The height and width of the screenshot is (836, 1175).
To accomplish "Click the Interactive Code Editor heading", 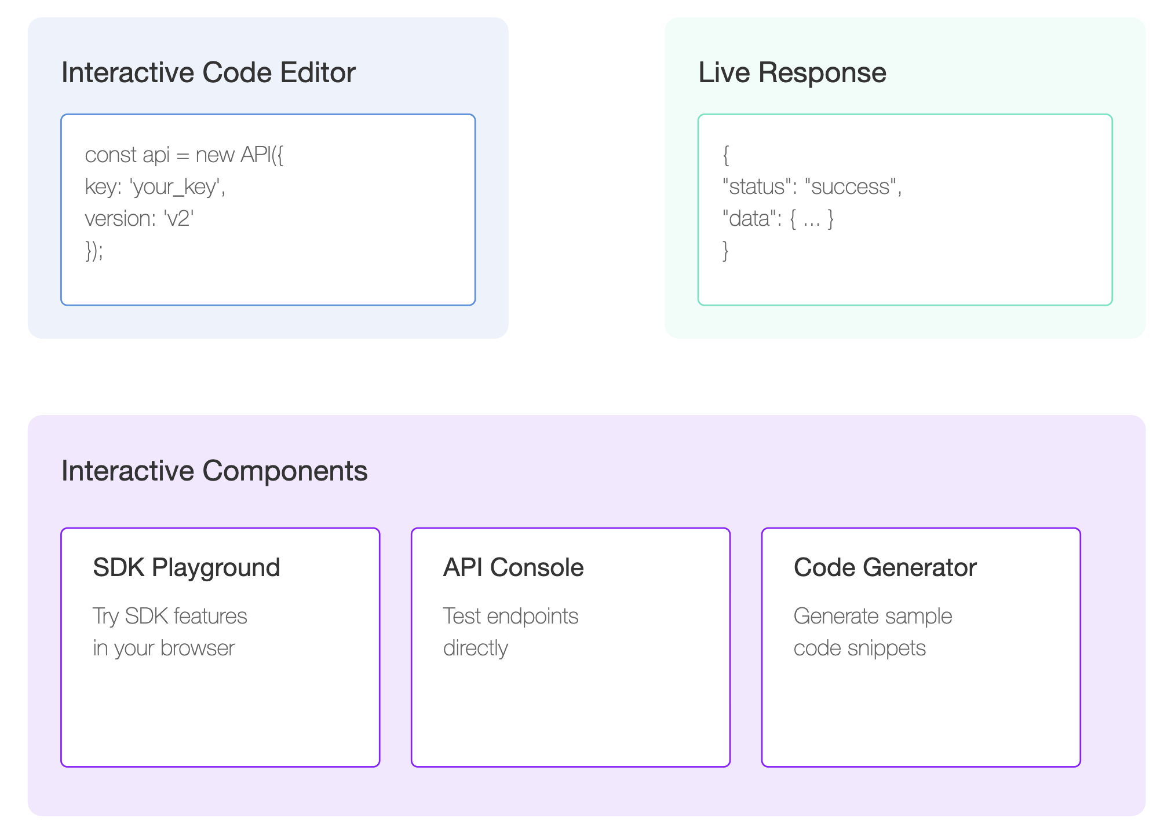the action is (209, 73).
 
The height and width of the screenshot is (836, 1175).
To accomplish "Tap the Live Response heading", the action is (792, 73).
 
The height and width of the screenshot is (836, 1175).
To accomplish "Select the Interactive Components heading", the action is (214, 471).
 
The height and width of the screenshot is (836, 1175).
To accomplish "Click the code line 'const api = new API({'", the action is (184, 155).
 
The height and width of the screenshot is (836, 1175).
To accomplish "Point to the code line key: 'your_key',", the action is (155, 188).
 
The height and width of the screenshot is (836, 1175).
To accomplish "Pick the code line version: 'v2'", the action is (139, 219).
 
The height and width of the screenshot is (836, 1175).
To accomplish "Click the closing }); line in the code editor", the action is (94, 251).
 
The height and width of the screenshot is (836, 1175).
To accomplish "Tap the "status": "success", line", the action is (812, 187).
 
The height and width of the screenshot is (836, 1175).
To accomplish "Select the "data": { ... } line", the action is (778, 219).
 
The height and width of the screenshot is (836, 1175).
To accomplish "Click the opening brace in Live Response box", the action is (726, 155).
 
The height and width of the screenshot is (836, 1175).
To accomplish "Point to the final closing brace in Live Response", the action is (726, 251).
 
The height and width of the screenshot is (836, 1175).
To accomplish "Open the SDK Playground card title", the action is (187, 568).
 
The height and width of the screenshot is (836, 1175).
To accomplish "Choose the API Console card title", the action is (513, 567).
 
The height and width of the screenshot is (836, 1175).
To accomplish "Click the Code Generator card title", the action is (885, 567).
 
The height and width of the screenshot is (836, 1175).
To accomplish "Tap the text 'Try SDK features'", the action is (170, 617).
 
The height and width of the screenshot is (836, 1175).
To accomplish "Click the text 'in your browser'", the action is (164, 648).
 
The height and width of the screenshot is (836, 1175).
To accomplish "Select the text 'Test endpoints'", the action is (510, 617).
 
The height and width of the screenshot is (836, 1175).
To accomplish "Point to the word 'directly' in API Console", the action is (476, 648).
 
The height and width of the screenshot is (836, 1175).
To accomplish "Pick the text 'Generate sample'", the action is (873, 617).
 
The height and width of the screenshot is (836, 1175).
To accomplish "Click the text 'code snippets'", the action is (860, 648).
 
